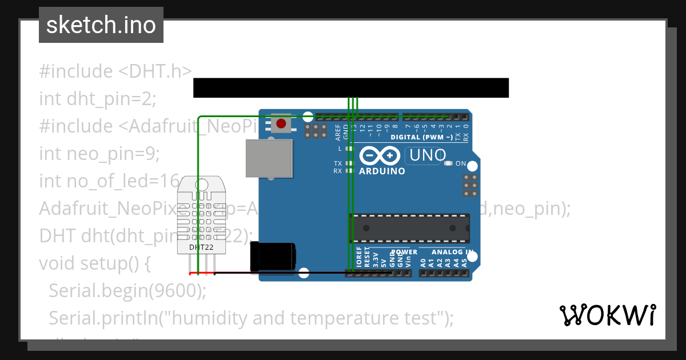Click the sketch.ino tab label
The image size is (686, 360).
click(x=101, y=25)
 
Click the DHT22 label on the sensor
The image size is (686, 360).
click(x=201, y=247)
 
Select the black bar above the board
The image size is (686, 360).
click(x=350, y=88)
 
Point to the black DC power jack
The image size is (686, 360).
click(x=273, y=256)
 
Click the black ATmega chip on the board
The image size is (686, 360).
click(x=409, y=228)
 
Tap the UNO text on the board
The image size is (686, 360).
click(x=425, y=155)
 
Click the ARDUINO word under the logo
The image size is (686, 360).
click(x=382, y=171)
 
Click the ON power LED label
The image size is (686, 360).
click(x=461, y=163)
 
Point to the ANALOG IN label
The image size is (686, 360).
click(x=452, y=252)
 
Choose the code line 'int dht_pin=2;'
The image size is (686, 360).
click(x=97, y=99)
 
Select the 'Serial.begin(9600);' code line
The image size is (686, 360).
click(x=127, y=290)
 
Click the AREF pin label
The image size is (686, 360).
click(x=338, y=132)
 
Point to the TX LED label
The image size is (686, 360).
click(x=338, y=163)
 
